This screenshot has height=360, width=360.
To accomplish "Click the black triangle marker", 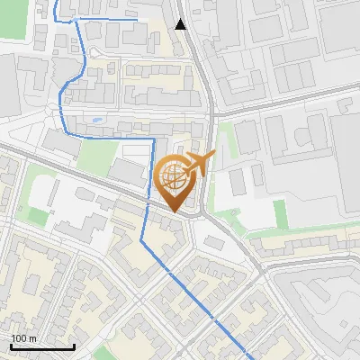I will coord(181,24).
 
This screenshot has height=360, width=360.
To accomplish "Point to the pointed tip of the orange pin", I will coord(175,212).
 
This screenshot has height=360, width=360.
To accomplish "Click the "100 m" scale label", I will coord(23,338).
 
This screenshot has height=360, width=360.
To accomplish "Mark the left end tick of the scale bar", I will coord(11,345).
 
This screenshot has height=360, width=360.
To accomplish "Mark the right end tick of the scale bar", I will coord(74,345).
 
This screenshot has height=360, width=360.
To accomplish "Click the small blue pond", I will coord(97,119).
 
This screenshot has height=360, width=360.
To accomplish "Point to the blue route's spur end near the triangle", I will coord(136,17).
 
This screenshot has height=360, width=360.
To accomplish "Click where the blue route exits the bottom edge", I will coord(248,358).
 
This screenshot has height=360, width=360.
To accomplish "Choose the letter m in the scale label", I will coord(32,338).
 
